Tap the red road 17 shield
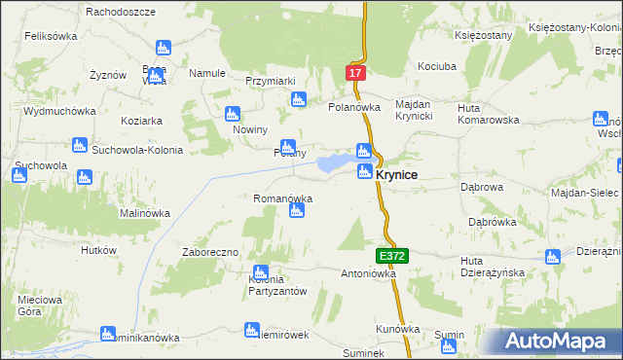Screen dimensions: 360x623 (x=356, y=73)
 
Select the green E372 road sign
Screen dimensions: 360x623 (x=392, y=255)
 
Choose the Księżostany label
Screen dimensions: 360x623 (x=483, y=35)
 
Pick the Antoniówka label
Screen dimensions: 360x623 (x=368, y=273)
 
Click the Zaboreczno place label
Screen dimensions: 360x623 (x=210, y=252)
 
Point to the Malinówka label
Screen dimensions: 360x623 (x=145, y=213)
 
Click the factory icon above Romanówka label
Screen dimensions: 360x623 (x=297, y=210)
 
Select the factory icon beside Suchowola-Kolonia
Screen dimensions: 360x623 (x=80, y=146)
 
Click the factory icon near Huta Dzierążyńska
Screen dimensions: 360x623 (x=553, y=258)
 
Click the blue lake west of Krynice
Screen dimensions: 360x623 (x=337, y=162)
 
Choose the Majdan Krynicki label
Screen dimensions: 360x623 (x=420, y=111)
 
